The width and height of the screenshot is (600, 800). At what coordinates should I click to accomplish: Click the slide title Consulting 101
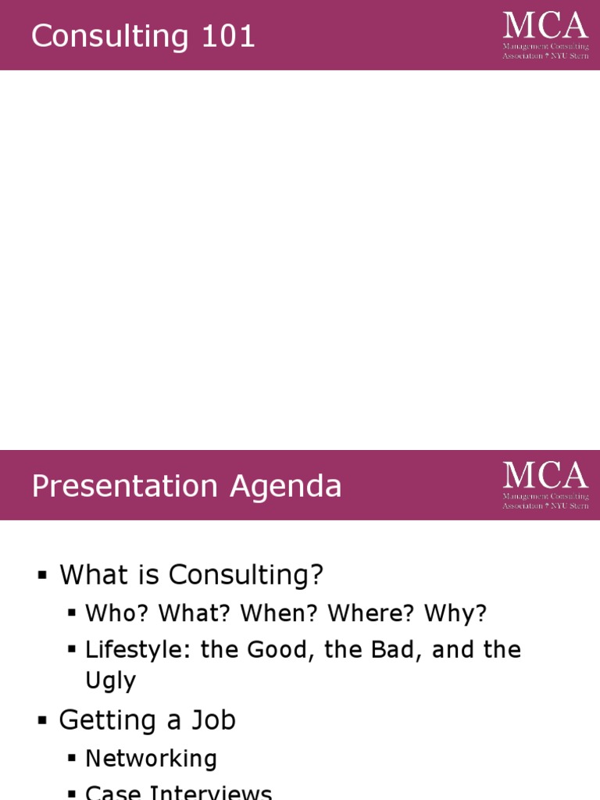[143, 37]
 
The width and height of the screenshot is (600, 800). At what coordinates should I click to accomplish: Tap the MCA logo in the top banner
[545, 35]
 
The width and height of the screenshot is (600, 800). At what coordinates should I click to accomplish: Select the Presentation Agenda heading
[186, 486]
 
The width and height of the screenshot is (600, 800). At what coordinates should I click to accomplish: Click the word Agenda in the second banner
[285, 486]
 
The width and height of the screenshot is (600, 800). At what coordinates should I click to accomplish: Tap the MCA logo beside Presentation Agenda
[545, 484]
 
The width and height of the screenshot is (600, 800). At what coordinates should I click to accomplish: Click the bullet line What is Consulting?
[191, 575]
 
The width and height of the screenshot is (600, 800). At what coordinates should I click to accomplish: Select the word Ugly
[110, 681]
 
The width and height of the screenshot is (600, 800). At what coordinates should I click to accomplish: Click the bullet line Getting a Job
[147, 720]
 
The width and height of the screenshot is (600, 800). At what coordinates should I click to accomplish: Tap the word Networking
[151, 758]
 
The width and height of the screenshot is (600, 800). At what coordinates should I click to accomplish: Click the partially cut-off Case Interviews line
[178, 792]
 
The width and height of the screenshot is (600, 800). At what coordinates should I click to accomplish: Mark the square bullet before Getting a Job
[42, 720]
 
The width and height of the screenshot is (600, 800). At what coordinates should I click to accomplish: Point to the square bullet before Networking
[72, 759]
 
